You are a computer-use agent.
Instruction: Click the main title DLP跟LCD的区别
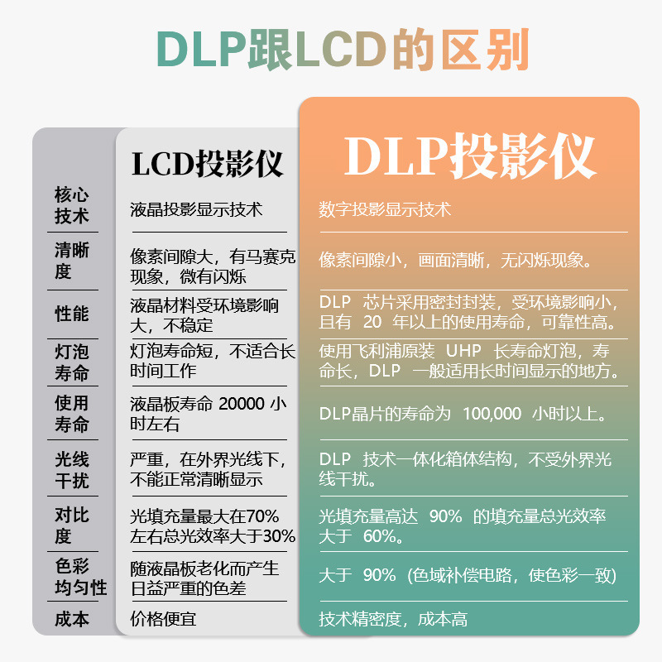[x=331, y=51]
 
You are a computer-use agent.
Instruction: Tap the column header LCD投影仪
[x=207, y=164]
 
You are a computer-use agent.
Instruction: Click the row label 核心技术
[x=72, y=206]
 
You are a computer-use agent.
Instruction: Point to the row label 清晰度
[x=72, y=261]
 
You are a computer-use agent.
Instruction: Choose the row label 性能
[x=72, y=314]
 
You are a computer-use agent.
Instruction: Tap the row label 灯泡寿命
[x=72, y=362]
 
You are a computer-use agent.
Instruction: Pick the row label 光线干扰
[x=72, y=469]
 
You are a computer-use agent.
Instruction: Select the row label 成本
[x=72, y=618]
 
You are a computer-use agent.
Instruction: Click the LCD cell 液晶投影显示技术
[x=196, y=209]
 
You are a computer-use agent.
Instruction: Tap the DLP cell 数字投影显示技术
[x=385, y=209]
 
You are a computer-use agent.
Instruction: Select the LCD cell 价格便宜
[x=163, y=618]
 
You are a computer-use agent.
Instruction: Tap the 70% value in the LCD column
[x=263, y=516]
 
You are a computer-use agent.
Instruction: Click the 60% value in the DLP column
[x=381, y=537]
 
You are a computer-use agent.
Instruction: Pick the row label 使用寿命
[x=72, y=415]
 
